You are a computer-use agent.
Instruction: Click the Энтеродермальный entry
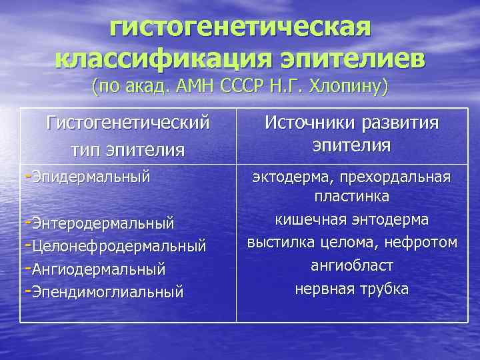[x=102, y=221]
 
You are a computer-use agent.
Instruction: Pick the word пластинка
[x=352, y=198]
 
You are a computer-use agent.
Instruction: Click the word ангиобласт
[x=352, y=265]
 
